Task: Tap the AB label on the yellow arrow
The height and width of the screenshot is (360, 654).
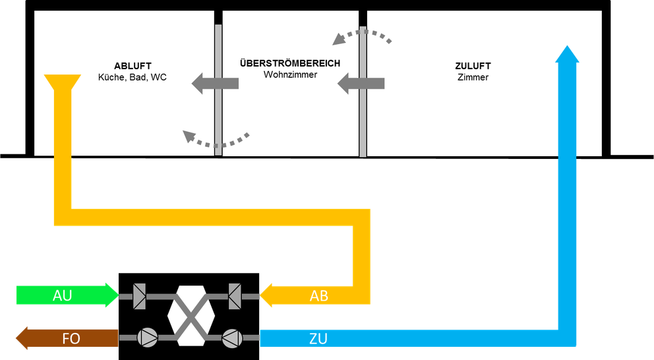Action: (x=318, y=296)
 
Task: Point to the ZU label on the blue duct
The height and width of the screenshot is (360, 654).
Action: (x=318, y=339)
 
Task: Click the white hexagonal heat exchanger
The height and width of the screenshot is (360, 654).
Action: (x=188, y=316)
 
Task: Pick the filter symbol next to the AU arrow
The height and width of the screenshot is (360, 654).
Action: (x=139, y=296)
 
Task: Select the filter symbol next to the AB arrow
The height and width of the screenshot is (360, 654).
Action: (x=235, y=296)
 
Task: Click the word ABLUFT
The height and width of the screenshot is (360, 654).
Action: (x=133, y=66)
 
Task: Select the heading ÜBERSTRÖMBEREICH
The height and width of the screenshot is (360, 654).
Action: (x=290, y=63)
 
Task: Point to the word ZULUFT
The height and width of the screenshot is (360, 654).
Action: (x=473, y=66)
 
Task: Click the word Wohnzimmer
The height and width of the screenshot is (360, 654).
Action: (x=290, y=75)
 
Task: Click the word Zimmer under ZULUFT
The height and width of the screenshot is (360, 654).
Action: (x=473, y=77)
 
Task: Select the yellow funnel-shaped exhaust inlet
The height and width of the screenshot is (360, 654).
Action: (x=62, y=84)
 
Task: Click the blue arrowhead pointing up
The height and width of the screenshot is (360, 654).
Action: (x=567, y=55)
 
